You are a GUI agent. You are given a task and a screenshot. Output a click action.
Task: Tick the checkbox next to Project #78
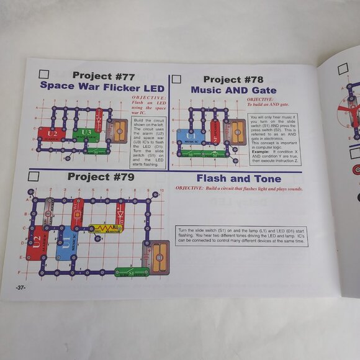(176, 79)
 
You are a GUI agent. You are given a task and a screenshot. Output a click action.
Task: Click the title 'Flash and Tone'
(238, 178)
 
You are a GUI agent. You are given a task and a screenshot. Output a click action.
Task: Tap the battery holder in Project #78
(236, 130)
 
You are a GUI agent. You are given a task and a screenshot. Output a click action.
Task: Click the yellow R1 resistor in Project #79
(106, 228)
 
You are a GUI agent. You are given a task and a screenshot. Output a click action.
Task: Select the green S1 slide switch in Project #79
(130, 272)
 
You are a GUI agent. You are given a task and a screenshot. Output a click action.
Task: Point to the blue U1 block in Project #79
(65, 243)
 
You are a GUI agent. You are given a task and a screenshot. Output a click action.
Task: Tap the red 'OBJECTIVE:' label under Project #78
(259, 99)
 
